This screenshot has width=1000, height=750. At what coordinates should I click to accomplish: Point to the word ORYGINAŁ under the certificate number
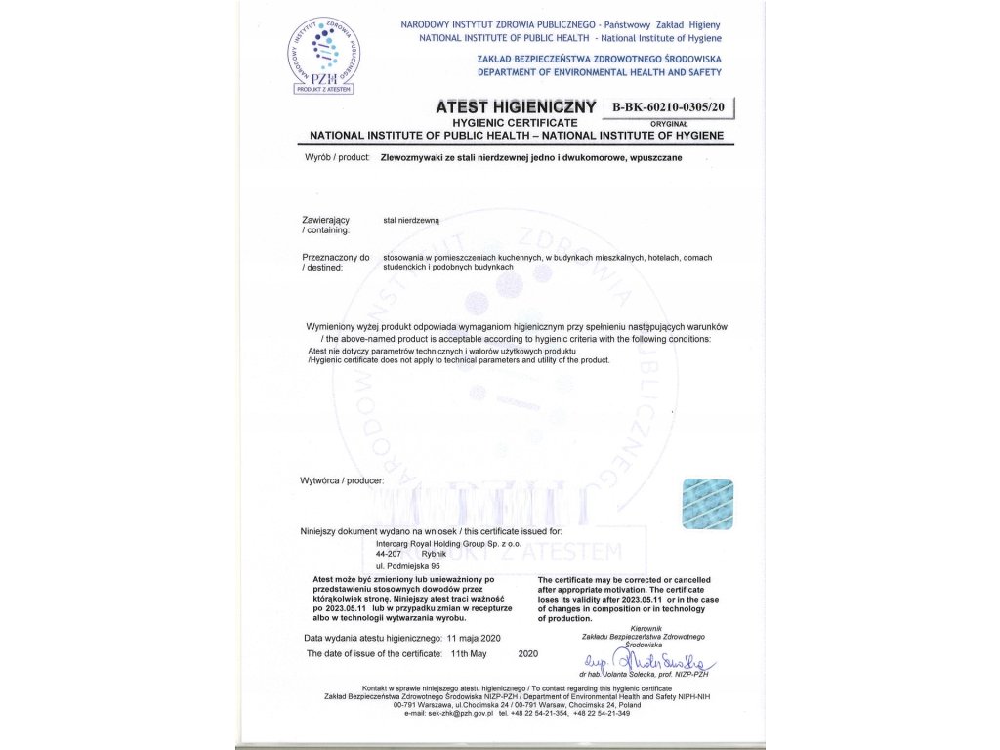[x=670, y=124]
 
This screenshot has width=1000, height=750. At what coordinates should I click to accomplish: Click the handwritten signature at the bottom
[x=657, y=664]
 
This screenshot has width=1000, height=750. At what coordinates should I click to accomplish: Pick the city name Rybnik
[x=436, y=553]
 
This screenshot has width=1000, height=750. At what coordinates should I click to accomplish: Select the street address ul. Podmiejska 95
[x=408, y=565]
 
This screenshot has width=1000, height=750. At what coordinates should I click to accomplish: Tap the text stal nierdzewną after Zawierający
[x=412, y=221]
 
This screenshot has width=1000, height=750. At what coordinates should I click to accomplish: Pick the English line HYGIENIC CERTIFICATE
[x=509, y=122]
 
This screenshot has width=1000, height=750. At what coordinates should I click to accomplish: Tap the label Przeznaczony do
[x=337, y=257]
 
